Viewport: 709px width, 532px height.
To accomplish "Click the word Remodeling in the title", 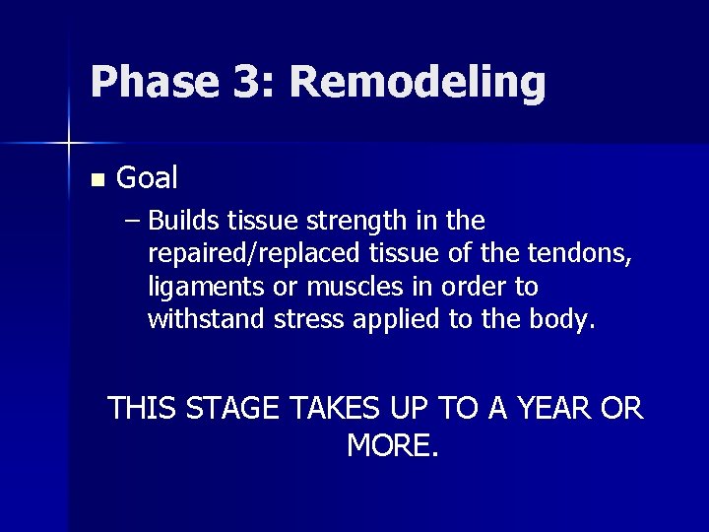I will pos(417,83).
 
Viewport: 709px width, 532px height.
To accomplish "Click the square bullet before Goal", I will pos(96,180).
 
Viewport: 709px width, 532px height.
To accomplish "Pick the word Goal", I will pos(147,178).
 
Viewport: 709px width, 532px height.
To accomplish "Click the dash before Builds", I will pos(133,219).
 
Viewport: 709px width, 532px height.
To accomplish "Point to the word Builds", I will pos(184,219).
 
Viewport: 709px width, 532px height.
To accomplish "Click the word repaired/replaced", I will pos(254,253).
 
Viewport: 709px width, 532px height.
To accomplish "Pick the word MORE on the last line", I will pos(392,445).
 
